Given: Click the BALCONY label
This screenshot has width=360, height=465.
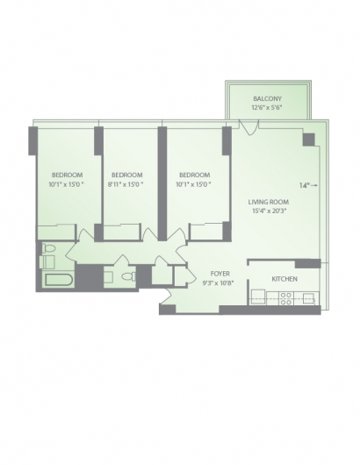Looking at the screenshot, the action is pos(267,98).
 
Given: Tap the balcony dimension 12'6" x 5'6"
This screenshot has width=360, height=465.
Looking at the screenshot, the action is pos(267,107).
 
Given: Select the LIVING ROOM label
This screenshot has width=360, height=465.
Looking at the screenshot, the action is pos(269,202).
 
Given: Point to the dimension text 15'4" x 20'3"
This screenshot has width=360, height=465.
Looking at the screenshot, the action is pos(269,211).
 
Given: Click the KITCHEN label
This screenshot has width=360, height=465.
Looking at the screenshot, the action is pos(284,279).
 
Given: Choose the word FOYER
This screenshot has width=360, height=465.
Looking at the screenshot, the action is pos(220,274).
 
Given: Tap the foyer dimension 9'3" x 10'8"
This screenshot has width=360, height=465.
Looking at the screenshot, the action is pos(218,283).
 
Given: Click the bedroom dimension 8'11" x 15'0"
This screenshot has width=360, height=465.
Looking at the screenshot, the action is pos(126,184).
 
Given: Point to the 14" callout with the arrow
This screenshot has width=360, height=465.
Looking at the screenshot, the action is pos(308,185).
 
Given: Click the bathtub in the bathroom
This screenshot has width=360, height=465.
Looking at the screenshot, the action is pos(59,281).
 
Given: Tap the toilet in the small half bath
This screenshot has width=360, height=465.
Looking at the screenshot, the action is pos(129,276).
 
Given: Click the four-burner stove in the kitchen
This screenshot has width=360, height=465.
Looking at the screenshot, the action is pos(285,298).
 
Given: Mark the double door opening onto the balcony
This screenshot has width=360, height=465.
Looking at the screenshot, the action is pos(249,127).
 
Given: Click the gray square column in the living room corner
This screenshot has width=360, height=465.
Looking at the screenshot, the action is pos(309,139).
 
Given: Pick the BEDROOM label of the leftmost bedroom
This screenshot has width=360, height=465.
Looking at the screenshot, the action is pos(68,175).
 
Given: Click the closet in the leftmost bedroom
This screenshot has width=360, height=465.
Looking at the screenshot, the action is pos(56,232).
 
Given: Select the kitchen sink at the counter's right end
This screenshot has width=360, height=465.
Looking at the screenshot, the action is pos(308,298).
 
